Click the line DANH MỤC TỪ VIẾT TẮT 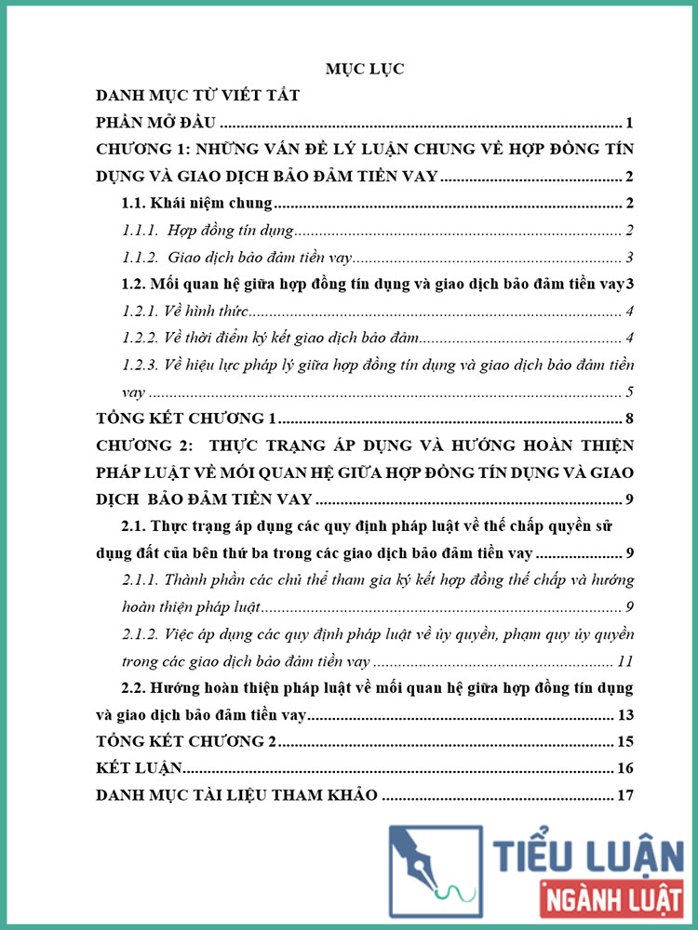coord(198,96)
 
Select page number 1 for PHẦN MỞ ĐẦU coord(630,123)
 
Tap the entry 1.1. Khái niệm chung coord(197,204)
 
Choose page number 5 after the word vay coord(630,392)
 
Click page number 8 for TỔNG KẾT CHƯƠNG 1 coord(630,418)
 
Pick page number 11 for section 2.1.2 coord(625,662)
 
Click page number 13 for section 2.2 coord(625,715)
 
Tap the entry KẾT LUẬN coord(139,768)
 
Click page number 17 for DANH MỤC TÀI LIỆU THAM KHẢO coord(625,795)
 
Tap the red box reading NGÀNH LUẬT coord(611,900)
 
